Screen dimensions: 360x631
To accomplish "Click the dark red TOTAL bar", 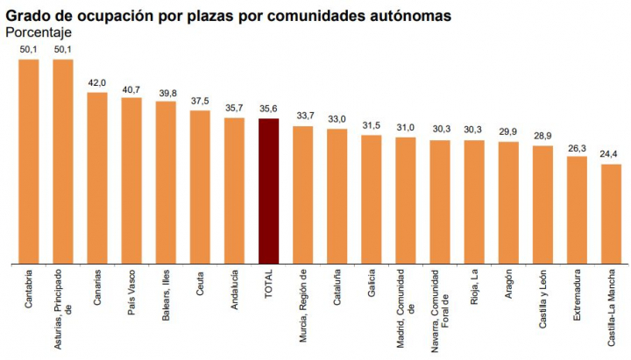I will click(268, 190).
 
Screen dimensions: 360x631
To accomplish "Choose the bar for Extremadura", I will click(577, 209).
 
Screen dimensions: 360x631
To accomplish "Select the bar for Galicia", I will click(372, 199).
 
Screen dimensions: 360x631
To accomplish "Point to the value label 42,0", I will click(97, 83).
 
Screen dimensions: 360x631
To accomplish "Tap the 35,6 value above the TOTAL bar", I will click(268, 109).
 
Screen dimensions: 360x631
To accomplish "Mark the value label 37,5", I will click(200, 101).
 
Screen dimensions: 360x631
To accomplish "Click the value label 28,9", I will click(542, 137).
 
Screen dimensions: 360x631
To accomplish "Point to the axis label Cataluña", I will click(337, 286).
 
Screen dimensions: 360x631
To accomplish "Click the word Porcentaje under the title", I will click(39, 32).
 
